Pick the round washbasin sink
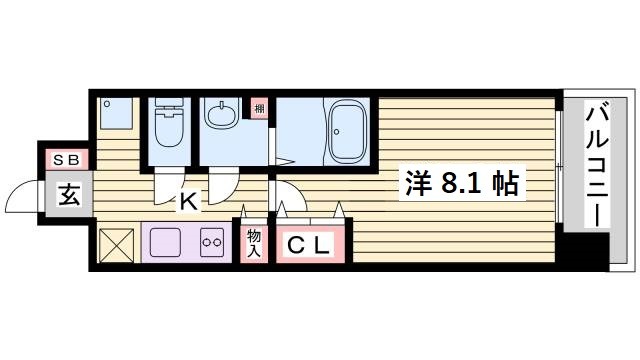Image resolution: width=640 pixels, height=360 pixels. click(x=220, y=118)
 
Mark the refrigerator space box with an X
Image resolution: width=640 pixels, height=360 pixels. click(x=117, y=244)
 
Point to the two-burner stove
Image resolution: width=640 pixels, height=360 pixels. click(x=212, y=242)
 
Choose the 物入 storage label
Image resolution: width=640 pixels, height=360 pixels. click(x=255, y=242)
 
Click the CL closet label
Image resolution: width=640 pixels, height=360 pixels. click(x=311, y=243)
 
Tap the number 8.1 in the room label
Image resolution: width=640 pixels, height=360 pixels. click(x=461, y=184)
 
